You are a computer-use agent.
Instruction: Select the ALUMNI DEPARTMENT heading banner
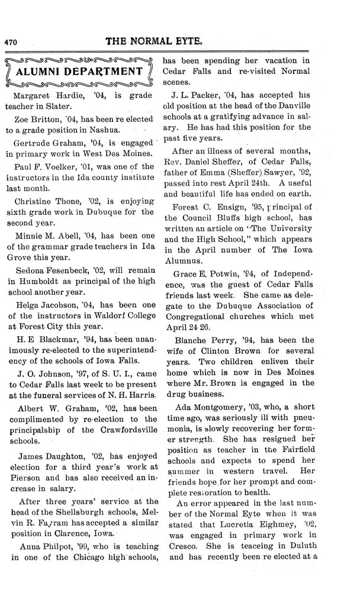point(81,72)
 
